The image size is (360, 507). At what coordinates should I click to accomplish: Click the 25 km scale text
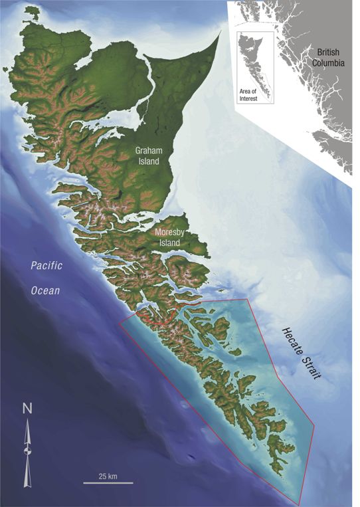[108, 476]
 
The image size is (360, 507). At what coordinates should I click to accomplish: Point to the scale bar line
[108, 483]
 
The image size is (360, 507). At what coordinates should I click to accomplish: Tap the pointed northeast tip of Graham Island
[219, 32]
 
